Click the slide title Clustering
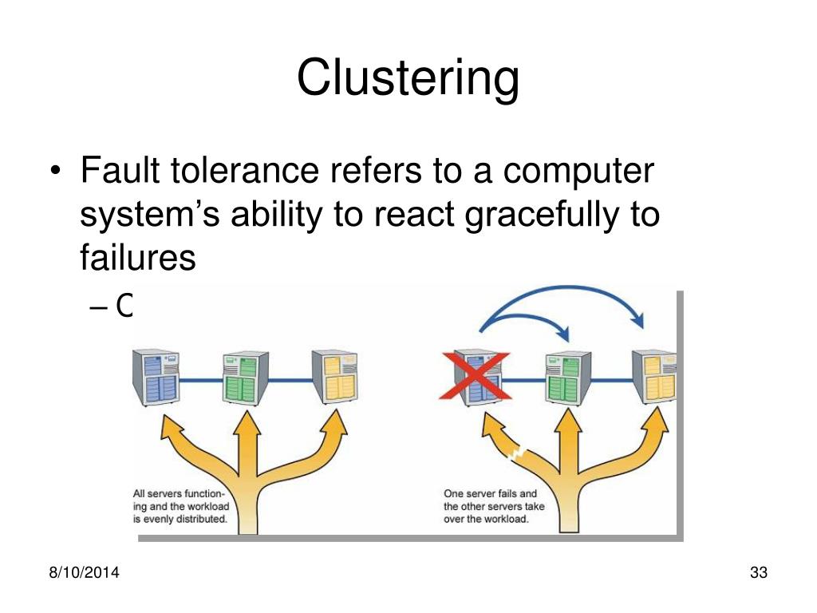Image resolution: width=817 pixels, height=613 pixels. click(408, 77)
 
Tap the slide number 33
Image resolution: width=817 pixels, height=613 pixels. click(758, 572)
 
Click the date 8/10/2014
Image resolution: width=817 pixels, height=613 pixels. click(78, 572)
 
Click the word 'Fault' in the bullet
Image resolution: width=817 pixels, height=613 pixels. click(117, 173)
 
